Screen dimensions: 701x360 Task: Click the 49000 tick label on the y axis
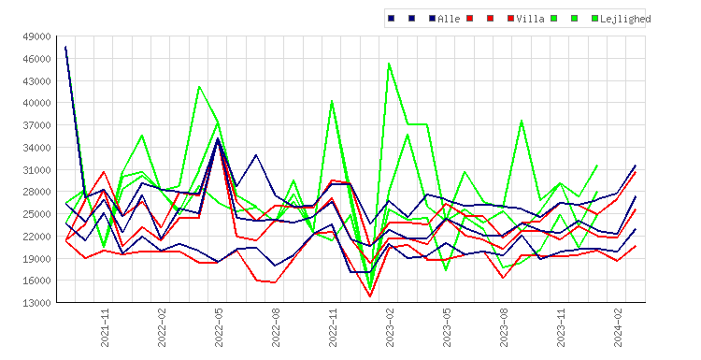pos(36,36)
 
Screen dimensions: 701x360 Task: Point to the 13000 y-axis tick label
pos(36,303)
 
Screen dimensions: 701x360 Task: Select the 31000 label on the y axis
pos(36,170)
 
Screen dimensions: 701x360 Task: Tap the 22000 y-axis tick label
pos(36,237)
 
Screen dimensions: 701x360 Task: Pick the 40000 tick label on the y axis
pos(36,103)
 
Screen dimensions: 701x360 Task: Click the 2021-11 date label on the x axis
pos(105,327)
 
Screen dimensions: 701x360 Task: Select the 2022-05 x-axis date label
pos(219,327)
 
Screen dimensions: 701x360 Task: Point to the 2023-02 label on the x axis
pos(390,327)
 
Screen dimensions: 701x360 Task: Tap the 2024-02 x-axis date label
pos(618,327)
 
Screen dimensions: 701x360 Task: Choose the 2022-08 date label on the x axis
pos(276,327)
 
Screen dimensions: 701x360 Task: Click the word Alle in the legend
pos(449,19)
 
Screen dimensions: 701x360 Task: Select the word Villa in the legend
pos(530,19)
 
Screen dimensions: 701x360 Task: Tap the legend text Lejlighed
pos(625,19)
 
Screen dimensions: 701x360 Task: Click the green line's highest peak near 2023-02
pos(389,63)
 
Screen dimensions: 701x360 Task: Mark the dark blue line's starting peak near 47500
pos(65,47)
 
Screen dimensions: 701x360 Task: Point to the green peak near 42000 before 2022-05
pos(199,86)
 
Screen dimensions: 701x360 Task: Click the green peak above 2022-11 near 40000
pos(332,101)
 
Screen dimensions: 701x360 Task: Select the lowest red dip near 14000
pos(370,296)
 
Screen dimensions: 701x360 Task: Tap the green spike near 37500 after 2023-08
pos(522,121)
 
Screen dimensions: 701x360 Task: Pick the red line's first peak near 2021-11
pos(104,172)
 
